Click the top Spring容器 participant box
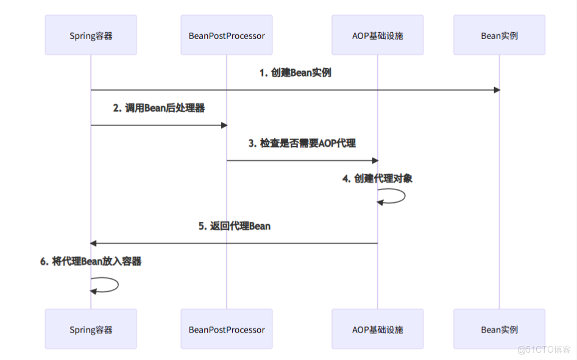91,35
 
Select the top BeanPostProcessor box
227,35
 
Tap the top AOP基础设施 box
377,35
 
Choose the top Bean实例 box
499,35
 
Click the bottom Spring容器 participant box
91,330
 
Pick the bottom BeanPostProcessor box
227,330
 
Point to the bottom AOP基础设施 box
377,330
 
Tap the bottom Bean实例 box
499,330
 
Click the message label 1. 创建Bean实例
295,72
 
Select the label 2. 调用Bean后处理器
158,108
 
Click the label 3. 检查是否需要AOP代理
302,143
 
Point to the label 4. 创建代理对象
377,178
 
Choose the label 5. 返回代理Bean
234,226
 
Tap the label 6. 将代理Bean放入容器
91,261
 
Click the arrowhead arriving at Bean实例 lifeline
497,90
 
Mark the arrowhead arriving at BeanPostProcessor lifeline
224,125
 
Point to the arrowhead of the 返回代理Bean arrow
94,244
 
